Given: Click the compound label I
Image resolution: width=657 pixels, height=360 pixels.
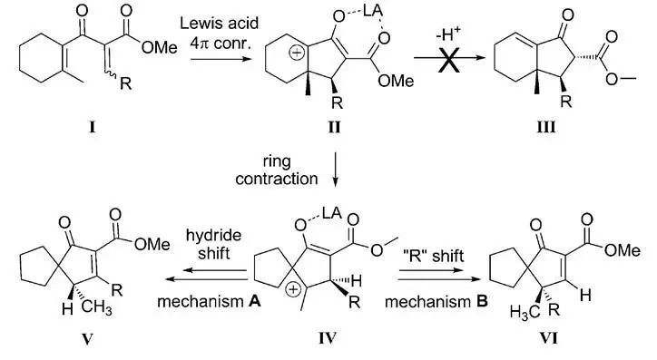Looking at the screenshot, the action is (x=93, y=126).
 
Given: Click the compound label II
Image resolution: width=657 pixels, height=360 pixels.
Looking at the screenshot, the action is (x=334, y=126).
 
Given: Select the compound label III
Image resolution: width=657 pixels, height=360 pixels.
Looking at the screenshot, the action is (x=546, y=126).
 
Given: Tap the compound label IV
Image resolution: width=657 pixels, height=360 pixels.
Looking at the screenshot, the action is (x=328, y=337).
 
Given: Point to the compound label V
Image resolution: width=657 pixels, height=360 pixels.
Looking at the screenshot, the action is (x=87, y=338).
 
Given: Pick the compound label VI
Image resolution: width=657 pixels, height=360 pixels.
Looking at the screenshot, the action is (x=548, y=337).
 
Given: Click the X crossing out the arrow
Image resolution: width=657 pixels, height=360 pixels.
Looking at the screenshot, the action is (x=448, y=60).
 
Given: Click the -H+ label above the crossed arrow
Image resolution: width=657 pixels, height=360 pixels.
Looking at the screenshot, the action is (x=448, y=34).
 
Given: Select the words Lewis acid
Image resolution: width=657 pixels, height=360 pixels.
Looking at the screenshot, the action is (x=219, y=23).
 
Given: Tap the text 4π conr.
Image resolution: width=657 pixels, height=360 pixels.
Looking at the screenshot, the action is (x=221, y=44).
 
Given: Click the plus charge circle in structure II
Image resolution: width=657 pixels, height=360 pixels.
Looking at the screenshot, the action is (x=296, y=54).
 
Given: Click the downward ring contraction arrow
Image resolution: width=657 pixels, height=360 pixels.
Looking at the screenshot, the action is (x=335, y=169).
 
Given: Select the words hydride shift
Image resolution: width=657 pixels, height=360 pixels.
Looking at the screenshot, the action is (x=213, y=244).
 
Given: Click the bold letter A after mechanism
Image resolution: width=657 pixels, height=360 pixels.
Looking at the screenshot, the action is (x=254, y=301).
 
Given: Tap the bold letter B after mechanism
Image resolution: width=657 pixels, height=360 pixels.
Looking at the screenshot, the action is (x=482, y=301).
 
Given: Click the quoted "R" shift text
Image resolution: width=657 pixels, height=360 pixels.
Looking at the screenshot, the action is (x=433, y=256).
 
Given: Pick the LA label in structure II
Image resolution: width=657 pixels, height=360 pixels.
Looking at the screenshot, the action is (x=372, y=11).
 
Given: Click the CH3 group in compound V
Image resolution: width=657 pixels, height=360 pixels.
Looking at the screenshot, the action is (x=97, y=308).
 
